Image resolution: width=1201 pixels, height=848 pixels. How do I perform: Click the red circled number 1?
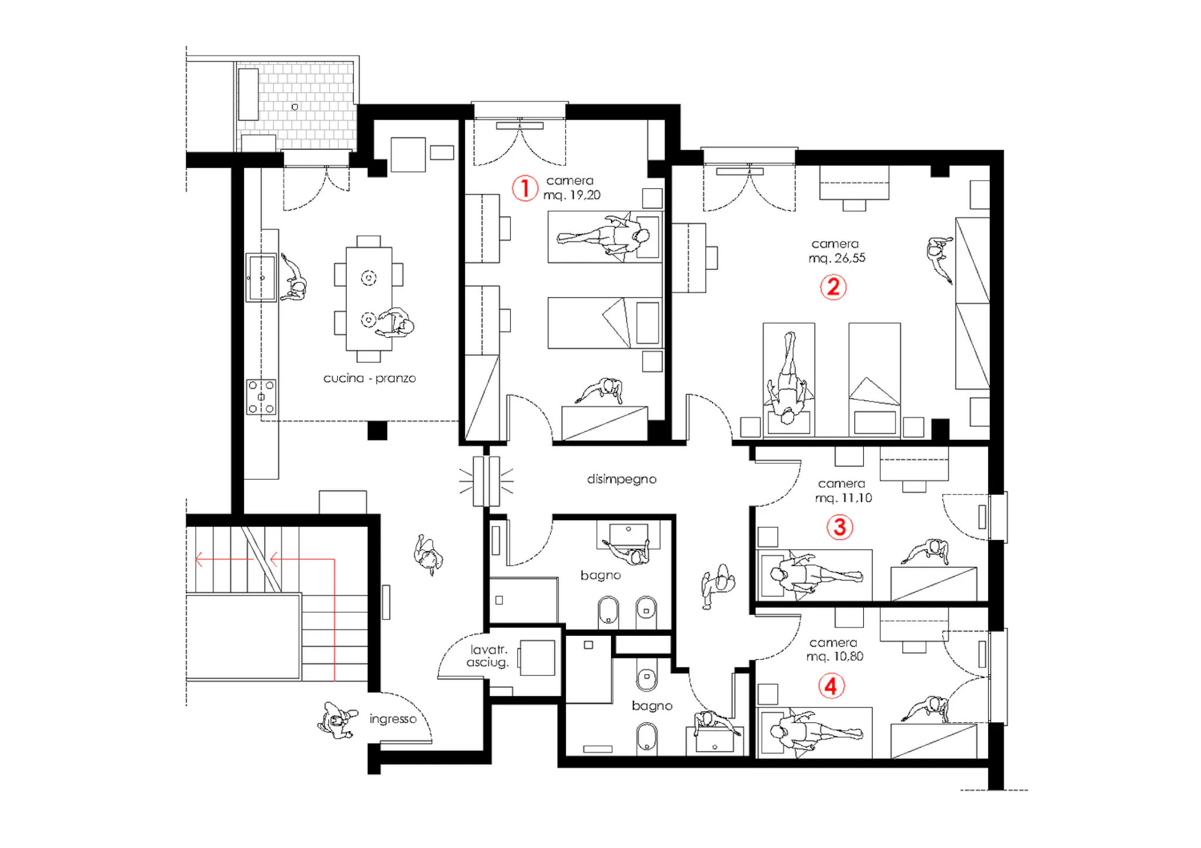pyautogui.click(x=524, y=188)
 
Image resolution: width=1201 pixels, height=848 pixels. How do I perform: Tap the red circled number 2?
pyautogui.click(x=833, y=287)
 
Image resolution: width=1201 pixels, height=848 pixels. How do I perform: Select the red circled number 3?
pyautogui.click(x=839, y=527)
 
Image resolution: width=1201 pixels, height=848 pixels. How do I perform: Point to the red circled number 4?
pyautogui.click(x=831, y=686)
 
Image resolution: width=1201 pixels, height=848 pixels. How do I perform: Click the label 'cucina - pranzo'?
pyautogui.click(x=369, y=378)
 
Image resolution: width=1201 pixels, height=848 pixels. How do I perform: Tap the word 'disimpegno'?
pyautogui.click(x=622, y=479)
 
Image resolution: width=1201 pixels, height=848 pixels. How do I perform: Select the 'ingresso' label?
pyautogui.click(x=393, y=719)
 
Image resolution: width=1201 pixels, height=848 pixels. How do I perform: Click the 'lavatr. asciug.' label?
pyautogui.click(x=488, y=656)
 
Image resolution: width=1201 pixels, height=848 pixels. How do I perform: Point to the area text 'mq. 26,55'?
pyautogui.click(x=837, y=258)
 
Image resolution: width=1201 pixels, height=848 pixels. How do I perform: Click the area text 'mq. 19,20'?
pyautogui.click(x=572, y=195)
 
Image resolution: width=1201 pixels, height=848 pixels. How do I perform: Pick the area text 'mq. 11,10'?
pyautogui.click(x=843, y=498)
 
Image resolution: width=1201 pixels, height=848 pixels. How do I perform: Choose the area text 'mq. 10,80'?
pyautogui.click(x=835, y=657)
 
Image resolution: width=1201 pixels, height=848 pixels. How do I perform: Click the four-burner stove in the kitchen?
pyautogui.click(x=261, y=397)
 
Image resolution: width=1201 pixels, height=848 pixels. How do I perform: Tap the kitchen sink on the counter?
pyautogui.click(x=261, y=277)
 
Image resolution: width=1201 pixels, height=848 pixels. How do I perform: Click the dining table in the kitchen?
pyautogui.click(x=369, y=299)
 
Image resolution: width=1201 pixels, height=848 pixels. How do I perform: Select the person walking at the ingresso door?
pyautogui.click(x=337, y=720)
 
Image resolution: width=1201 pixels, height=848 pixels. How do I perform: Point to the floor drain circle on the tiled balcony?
pyautogui.click(x=295, y=107)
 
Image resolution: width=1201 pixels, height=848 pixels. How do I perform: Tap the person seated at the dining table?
pyautogui.click(x=395, y=323)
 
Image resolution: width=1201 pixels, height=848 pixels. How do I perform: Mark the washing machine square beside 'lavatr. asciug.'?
pyautogui.click(x=537, y=657)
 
